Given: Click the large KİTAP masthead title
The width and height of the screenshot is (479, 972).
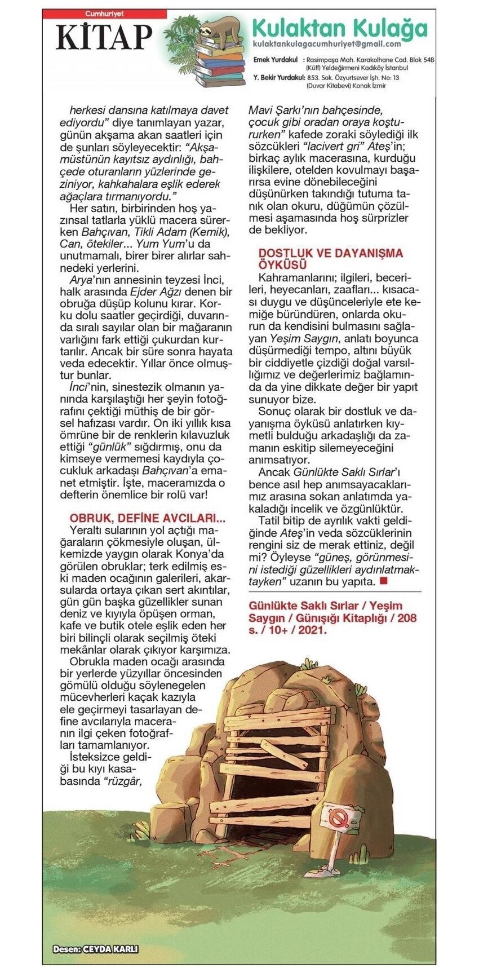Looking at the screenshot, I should [x=104, y=37].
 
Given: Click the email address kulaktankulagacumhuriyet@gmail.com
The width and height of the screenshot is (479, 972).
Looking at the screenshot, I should [x=327, y=44].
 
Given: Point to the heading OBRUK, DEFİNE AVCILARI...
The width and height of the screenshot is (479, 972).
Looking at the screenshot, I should [x=147, y=518].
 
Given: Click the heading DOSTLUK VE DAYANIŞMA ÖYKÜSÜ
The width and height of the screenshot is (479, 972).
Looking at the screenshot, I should [x=331, y=259].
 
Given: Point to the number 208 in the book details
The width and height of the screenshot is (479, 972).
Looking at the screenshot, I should [x=405, y=618].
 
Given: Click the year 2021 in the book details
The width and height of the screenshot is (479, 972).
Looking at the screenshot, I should [x=313, y=630].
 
